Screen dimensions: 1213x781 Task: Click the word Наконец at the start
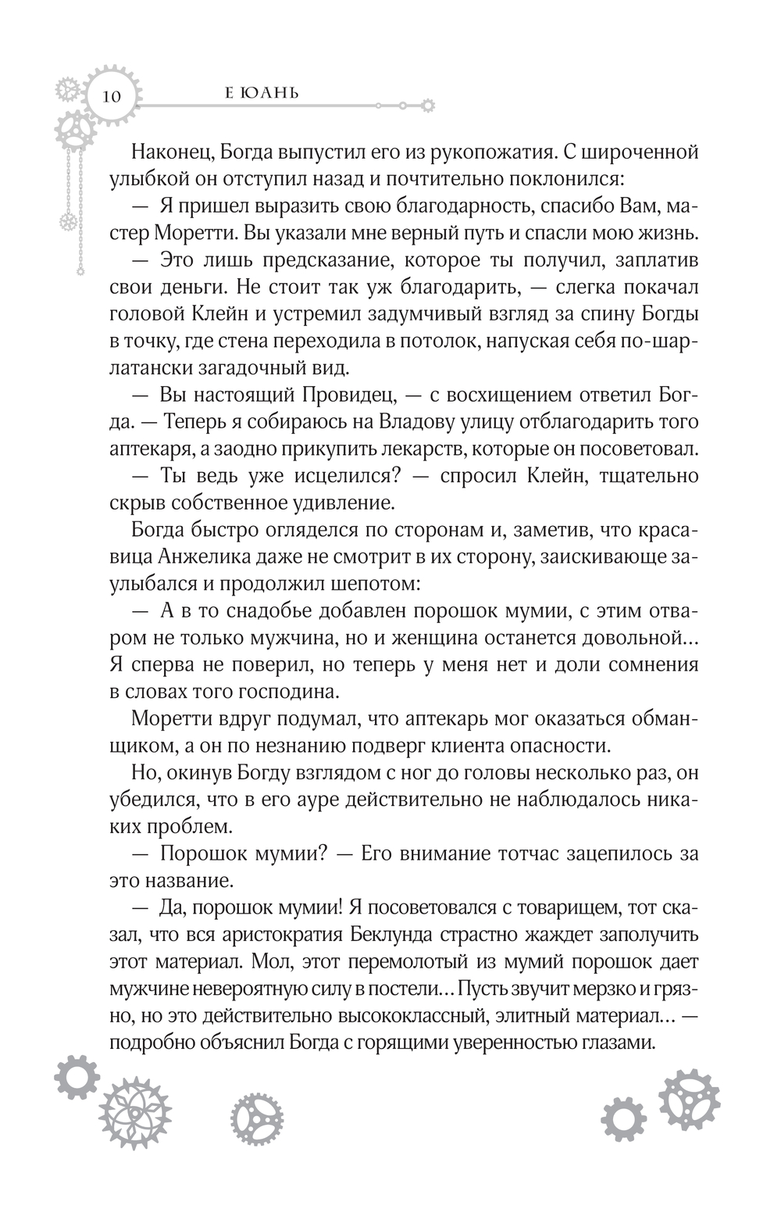169,151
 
